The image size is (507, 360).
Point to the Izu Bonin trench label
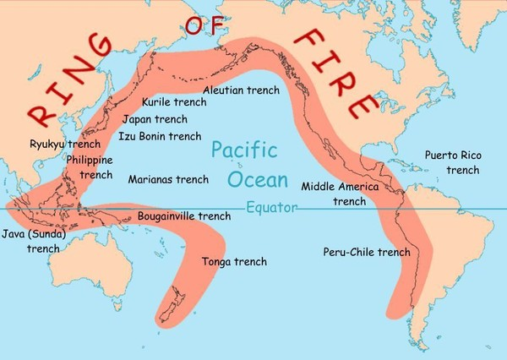point(160,135)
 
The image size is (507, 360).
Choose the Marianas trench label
point(168,179)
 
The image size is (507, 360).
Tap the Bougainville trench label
point(183,216)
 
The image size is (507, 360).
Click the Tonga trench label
point(234,262)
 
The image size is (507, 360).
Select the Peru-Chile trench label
point(367,252)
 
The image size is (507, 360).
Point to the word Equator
point(271,207)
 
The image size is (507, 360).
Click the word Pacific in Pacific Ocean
point(244,152)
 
